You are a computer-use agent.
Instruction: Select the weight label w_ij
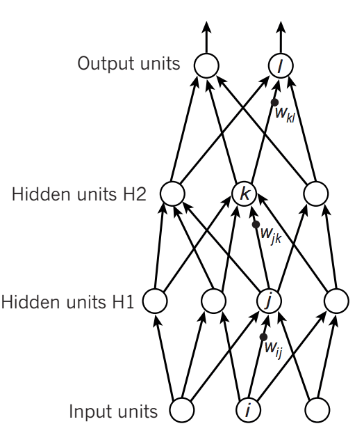pyautogui.click(x=273, y=349)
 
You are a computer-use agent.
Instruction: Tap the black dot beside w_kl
pyautogui.click(x=274, y=102)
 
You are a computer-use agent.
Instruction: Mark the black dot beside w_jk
pyautogui.click(x=256, y=225)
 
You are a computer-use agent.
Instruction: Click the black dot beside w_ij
pyautogui.click(x=263, y=337)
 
